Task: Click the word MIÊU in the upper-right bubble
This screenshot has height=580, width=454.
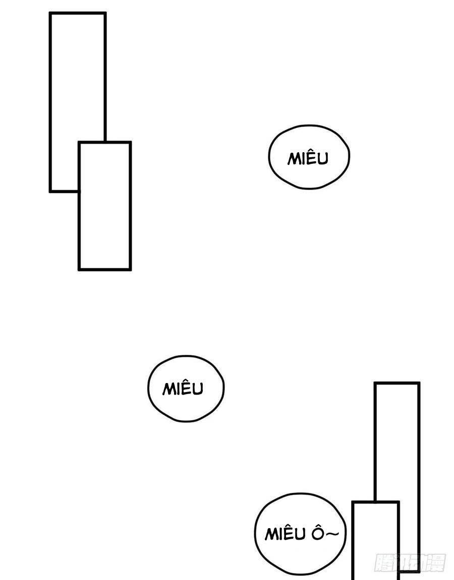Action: (308, 158)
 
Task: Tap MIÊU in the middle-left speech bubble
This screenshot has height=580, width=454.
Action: (183, 389)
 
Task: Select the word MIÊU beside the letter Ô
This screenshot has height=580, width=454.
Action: (285, 534)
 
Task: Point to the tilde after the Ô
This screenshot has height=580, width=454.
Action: (331, 534)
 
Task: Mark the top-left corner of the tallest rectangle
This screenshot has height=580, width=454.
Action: (50, 13)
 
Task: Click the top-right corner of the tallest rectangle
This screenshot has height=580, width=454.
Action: (105, 13)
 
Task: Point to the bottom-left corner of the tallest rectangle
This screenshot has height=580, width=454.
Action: (50, 191)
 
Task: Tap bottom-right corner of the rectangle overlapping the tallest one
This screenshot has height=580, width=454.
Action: (130, 270)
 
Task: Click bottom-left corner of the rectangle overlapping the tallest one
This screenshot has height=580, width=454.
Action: (79, 270)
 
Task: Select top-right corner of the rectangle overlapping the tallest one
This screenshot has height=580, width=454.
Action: (130, 143)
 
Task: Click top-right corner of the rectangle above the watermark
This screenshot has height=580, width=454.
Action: (419, 383)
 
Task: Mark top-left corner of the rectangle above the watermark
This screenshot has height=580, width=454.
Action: (375, 383)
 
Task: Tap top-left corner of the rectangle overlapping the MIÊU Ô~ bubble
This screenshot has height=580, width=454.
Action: (353, 502)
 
